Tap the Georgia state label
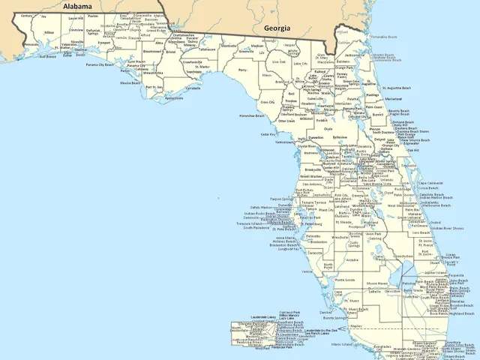(276, 28)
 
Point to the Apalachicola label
(173, 98)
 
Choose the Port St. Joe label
(154, 87)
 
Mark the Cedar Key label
(268, 134)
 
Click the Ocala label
(328, 129)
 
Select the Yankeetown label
(285, 142)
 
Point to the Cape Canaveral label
(431, 183)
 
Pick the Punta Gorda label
(345, 280)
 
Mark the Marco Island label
(353, 346)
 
